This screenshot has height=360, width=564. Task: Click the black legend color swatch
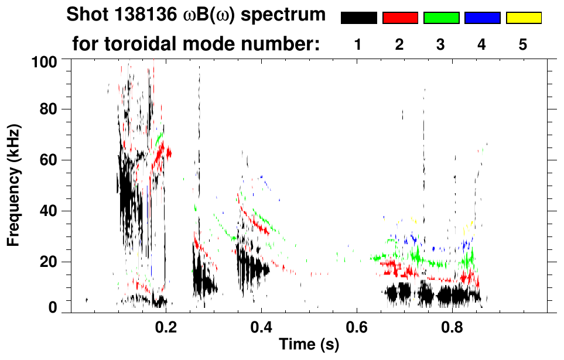pos(358,18)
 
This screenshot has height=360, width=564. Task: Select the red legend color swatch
pos(400,18)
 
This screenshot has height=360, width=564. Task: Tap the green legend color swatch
pos(441,18)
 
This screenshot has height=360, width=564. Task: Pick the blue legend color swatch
pos(482,18)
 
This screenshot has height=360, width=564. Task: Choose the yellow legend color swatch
pos(523,18)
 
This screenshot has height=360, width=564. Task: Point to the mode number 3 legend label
pos(441,44)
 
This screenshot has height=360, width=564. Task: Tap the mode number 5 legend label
pos(523,44)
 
